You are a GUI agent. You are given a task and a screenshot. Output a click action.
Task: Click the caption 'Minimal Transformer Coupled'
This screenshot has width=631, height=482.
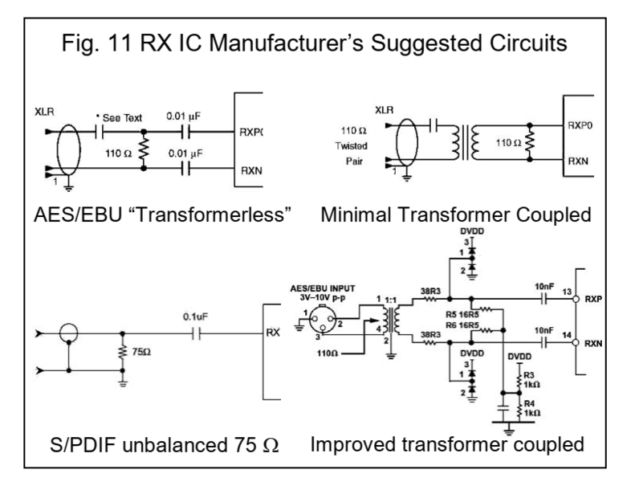point(455,216)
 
